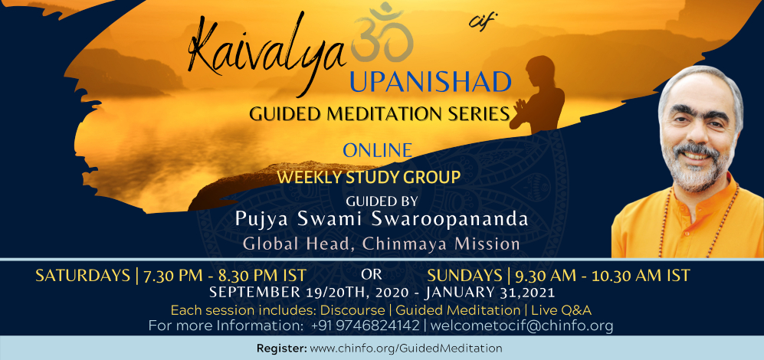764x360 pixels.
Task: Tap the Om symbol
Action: click(383, 34)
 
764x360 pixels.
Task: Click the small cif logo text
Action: click(480, 23)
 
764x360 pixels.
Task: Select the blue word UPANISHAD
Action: click(431, 83)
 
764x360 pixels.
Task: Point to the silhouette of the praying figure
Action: click(536, 94)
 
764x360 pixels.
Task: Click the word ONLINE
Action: click(378, 150)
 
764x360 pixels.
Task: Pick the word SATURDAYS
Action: click(82, 276)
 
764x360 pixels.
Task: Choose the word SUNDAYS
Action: click(464, 276)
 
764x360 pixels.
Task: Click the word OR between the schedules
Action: click(372, 274)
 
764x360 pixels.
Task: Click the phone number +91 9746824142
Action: click(366, 325)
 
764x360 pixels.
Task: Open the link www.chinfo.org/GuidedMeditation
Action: click(406, 349)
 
